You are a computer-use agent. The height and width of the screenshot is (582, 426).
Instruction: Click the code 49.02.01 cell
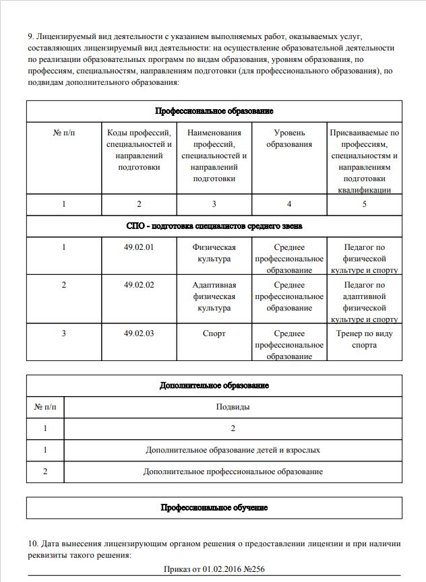click(139, 247)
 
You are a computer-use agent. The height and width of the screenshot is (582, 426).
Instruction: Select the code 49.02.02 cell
click(139, 285)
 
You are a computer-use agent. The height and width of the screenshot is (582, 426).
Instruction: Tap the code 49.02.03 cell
click(139, 333)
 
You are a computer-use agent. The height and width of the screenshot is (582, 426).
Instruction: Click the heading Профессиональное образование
click(214, 110)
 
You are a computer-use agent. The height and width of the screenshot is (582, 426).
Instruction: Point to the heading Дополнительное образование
click(214, 385)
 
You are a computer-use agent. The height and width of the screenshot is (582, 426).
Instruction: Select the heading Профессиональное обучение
click(214, 507)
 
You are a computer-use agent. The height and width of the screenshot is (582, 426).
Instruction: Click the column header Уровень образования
click(289, 138)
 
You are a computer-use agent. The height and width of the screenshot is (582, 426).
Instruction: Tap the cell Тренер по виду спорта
click(364, 339)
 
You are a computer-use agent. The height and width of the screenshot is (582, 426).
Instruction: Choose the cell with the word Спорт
click(214, 333)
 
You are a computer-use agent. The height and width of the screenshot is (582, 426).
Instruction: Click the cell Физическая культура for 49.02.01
click(214, 253)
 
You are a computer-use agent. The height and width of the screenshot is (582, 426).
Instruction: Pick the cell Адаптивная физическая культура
click(214, 296)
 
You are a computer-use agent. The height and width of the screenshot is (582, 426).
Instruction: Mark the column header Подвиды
click(233, 407)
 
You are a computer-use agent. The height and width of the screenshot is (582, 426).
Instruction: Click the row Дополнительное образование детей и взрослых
click(233, 449)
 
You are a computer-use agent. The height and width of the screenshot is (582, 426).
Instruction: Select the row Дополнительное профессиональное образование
click(233, 472)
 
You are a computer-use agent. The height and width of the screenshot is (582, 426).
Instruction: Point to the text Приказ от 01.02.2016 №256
click(214, 570)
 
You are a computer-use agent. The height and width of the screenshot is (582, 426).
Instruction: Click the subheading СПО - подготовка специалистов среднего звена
click(214, 226)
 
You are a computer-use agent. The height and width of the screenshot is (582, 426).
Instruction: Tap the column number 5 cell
click(364, 204)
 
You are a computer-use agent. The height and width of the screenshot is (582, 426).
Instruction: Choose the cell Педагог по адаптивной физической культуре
click(364, 302)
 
